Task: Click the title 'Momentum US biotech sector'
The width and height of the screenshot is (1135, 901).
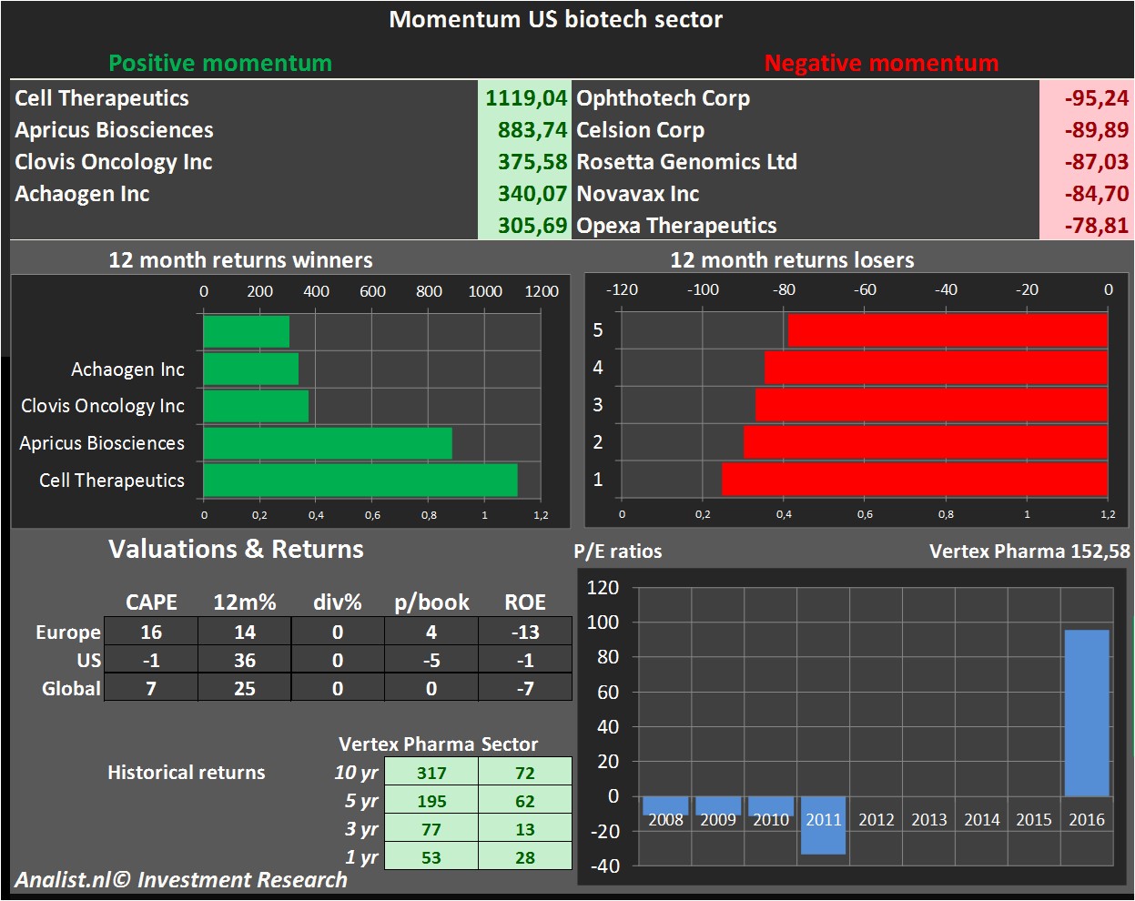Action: tap(555, 20)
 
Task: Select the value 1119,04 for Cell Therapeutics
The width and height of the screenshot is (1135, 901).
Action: tap(525, 98)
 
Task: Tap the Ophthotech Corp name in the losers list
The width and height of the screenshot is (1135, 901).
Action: tap(663, 98)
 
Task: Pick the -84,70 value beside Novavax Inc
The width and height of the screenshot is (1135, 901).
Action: tap(1096, 194)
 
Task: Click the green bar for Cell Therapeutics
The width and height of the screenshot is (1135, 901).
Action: tap(360, 481)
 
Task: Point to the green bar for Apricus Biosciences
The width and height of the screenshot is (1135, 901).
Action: tap(328, 443)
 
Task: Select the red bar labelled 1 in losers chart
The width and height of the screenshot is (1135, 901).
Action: tap(914, 480)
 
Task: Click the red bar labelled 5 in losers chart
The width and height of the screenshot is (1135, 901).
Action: tap(947, 330)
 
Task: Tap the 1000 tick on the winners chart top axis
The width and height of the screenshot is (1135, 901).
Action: tap(485, 291)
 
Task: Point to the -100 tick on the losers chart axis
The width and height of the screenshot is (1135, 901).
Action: tap(703, 290)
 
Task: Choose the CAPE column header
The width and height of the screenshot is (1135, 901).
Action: tap(151, 602)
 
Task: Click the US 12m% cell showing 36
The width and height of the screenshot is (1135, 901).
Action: tap(245, 661)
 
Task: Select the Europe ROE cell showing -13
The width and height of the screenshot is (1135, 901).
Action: tap(525, 633)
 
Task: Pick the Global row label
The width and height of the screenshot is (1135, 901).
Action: tap(71, 689)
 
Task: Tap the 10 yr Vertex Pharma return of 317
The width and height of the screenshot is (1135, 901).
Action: tap(431, 774)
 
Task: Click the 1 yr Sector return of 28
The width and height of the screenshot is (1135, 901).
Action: tap(525, 858)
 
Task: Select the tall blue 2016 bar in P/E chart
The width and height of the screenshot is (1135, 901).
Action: tap(1087, 713)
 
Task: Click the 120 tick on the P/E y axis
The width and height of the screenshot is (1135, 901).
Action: tap(603, 588)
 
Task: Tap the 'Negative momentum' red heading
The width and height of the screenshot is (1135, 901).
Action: tap(881, 64)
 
